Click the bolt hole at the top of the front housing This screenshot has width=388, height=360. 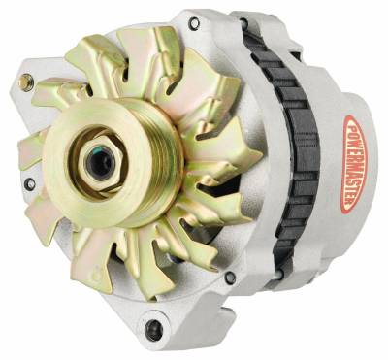point(194,22)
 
